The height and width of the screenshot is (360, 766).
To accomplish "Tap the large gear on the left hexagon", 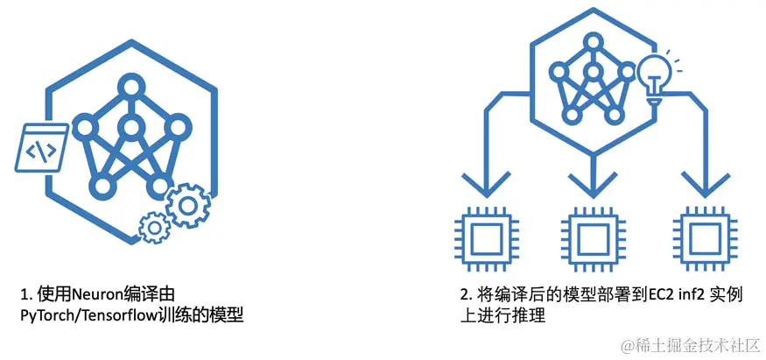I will coord(186,205).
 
